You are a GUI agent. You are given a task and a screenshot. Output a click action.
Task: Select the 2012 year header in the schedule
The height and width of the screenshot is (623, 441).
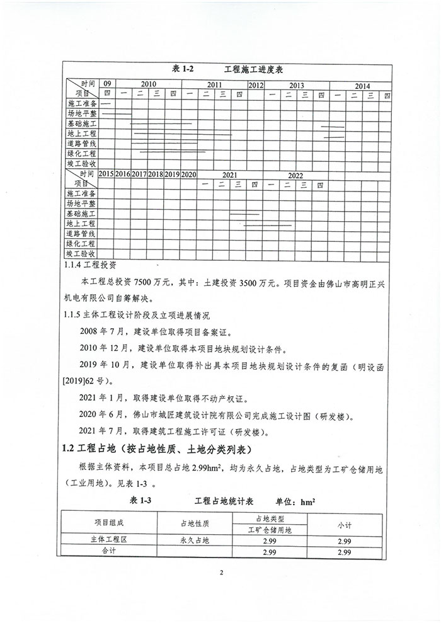point(256,84)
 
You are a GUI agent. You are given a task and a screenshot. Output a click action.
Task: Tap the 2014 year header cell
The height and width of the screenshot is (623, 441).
point(362,85)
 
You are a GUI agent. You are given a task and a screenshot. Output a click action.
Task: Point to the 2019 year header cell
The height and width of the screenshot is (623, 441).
point(172,174)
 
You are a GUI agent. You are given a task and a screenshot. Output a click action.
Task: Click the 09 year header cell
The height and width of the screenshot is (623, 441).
point(107,84)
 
